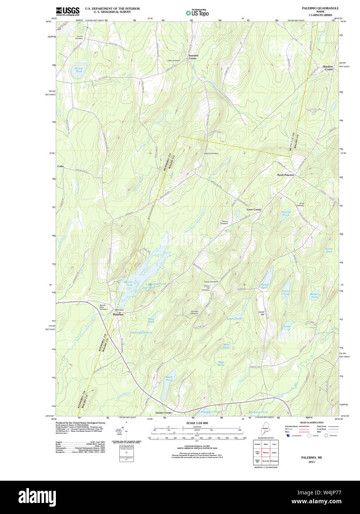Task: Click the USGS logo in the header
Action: pos(68,11)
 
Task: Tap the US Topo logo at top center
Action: pos(197,13)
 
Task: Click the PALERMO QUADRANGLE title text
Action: pos(320,8)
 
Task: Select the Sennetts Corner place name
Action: pos(193,57)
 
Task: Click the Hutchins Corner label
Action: pos(327,68)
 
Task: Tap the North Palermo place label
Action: pos(286,175)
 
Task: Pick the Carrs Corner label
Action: pos(254,209)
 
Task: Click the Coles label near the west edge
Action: pos(60,166)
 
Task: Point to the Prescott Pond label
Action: pos(286,213)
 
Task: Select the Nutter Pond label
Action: pos(329,250)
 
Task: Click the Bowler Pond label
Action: pos(265,286)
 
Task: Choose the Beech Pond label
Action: pos(169,378)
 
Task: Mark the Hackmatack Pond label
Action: pos(141,332)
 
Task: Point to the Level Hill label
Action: pos(262,313)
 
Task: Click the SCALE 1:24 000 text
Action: pos(197,423)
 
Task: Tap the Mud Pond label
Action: pos(221,363)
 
